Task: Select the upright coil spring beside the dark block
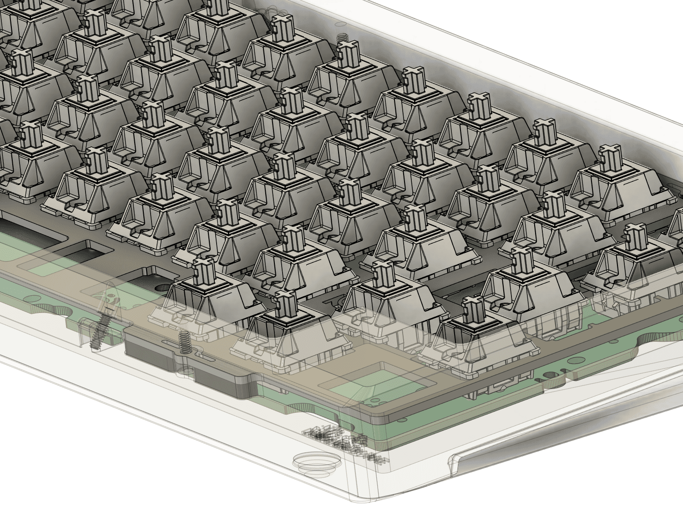point(184,342)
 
